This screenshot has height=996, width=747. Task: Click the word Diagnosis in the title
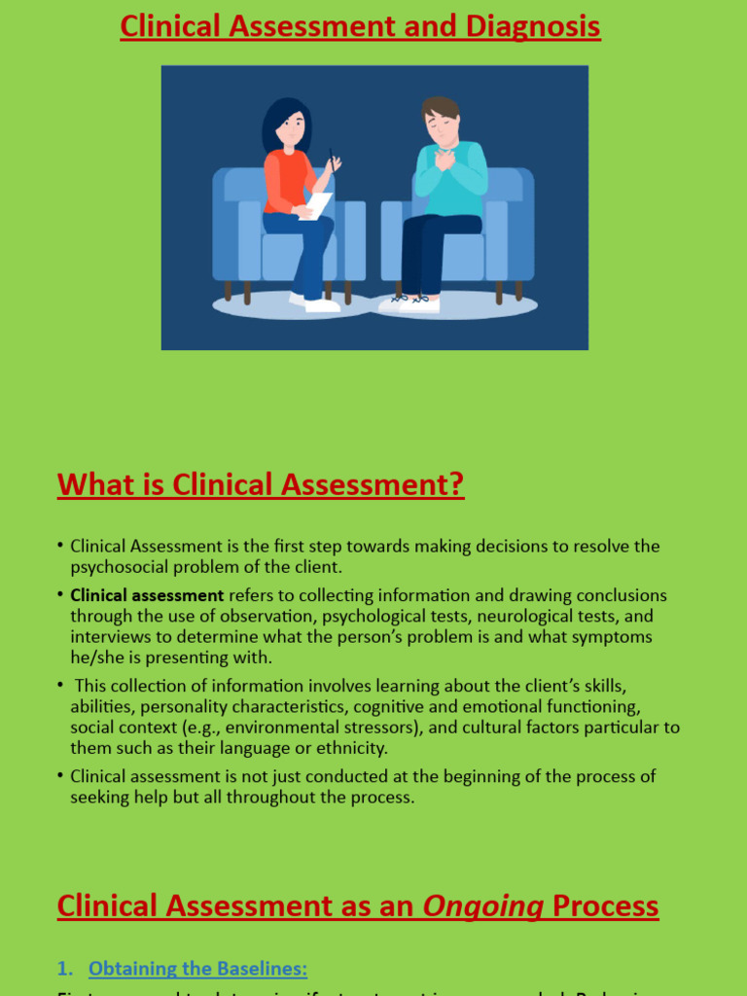[x=533, y=26]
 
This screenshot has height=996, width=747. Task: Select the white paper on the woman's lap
[x=316, y=206]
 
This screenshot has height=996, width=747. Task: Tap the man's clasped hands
[x=445, y=159]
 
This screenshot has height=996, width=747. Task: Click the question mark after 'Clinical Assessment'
[x=456, y=483]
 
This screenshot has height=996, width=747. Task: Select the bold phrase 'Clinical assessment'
[x=147, y=595]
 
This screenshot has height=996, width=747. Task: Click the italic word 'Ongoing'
[x=482, y=906]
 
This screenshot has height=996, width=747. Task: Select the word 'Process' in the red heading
[x=605, y=906]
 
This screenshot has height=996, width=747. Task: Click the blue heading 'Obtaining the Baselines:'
[x=197, y=968]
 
